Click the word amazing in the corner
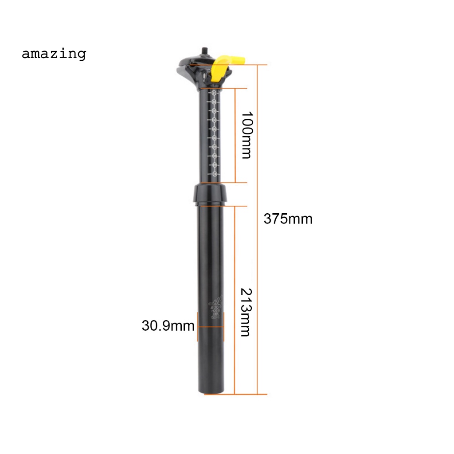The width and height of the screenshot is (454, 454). point(54,54)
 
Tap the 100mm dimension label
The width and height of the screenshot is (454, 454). point(246,135)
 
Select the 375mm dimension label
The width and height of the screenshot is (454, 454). point(288,219)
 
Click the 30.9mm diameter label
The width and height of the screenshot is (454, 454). point(168,326)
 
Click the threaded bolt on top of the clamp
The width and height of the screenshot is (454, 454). point(205,51)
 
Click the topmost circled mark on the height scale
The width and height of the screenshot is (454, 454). point(214,93)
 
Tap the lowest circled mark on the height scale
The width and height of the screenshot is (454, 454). point(215,174)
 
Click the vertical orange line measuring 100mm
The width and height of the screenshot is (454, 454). point(235,135)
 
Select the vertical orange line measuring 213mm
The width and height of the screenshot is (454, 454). point(235,300)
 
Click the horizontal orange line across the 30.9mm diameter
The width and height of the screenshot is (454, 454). point(211,327)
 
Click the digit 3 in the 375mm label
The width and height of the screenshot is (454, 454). point(267,219)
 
